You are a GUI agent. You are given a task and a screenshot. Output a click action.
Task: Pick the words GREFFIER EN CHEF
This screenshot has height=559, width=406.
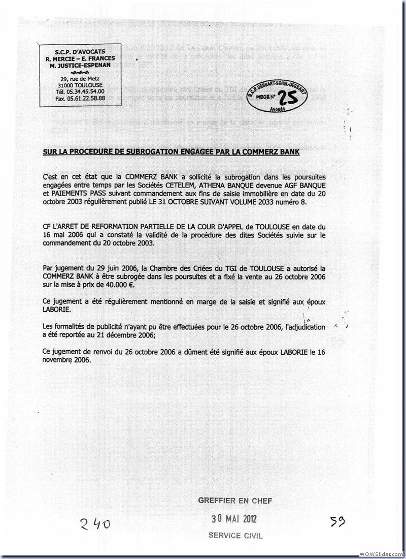[x=235, y=501]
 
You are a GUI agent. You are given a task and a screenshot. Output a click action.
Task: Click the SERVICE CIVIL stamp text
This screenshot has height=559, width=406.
[x=235, y=536]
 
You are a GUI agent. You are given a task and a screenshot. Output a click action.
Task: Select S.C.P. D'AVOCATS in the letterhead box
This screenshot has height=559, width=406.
[x=80, y=51]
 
